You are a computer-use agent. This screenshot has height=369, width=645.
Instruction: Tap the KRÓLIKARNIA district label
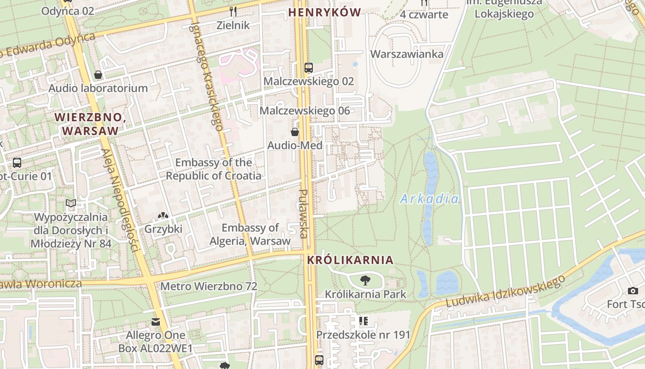click(350, 260)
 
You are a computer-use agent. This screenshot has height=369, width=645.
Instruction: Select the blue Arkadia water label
click(429, 199)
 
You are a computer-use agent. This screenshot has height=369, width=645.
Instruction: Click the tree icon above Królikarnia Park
click(365, 280)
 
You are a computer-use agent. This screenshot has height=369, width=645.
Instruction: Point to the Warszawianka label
click(407, 54)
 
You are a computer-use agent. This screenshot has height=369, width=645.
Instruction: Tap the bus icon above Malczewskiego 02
click(309, 68)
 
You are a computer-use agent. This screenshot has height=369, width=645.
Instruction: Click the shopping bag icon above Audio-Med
click(295, 132)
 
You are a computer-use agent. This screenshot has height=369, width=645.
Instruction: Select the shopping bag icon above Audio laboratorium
click(98, 74)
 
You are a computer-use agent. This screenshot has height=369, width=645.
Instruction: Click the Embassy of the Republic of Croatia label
click(214, 169)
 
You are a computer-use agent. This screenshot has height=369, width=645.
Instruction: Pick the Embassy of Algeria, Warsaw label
click(250, 234)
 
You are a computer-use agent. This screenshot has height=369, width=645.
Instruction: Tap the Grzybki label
click(164, 229)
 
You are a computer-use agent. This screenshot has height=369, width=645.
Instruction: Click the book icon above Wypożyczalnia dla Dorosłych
click(71, 203)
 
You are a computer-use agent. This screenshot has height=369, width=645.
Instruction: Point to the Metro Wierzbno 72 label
click(209, 286)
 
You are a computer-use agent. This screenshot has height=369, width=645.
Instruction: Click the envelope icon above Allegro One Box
click(156, 322)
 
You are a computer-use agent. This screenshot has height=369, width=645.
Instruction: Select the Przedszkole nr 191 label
click(363, 334)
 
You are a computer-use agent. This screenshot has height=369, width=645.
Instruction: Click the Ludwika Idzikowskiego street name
click(505, 292)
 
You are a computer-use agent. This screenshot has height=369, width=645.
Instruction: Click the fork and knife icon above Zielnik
click(233, 11)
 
